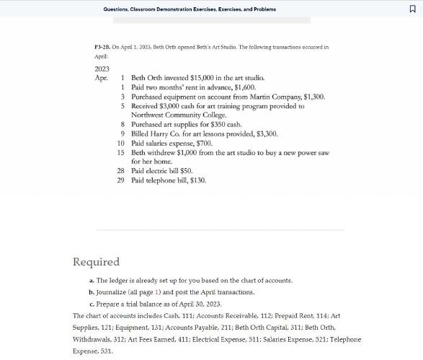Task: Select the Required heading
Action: pyautogui.click(x=96, y=262)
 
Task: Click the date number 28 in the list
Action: pyautogui.click(x=121, y=171)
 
